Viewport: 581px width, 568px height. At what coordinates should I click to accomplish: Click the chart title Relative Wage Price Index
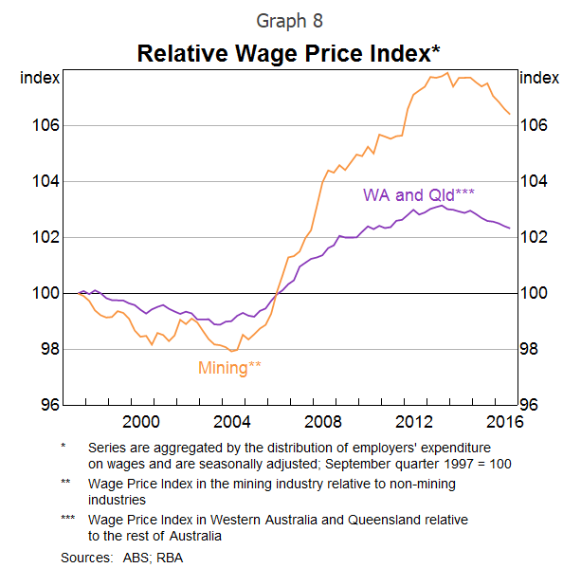[290, 52]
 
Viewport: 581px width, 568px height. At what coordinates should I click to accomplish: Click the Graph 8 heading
[290, 19]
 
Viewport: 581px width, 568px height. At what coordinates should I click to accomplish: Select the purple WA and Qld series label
[419, 194]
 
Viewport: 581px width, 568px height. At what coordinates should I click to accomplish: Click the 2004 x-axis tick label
[232, 420]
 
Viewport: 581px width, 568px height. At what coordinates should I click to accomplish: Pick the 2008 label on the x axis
[322, 420]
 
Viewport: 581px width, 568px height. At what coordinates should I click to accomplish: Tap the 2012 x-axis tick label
[413, 420]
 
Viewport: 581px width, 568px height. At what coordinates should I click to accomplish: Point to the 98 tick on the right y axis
[529, 349]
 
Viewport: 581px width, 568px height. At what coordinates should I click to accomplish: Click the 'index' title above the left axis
[41, 78]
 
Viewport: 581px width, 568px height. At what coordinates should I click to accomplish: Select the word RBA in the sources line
[170, 558]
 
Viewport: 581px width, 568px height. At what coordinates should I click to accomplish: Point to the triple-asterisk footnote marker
[68, 520]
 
